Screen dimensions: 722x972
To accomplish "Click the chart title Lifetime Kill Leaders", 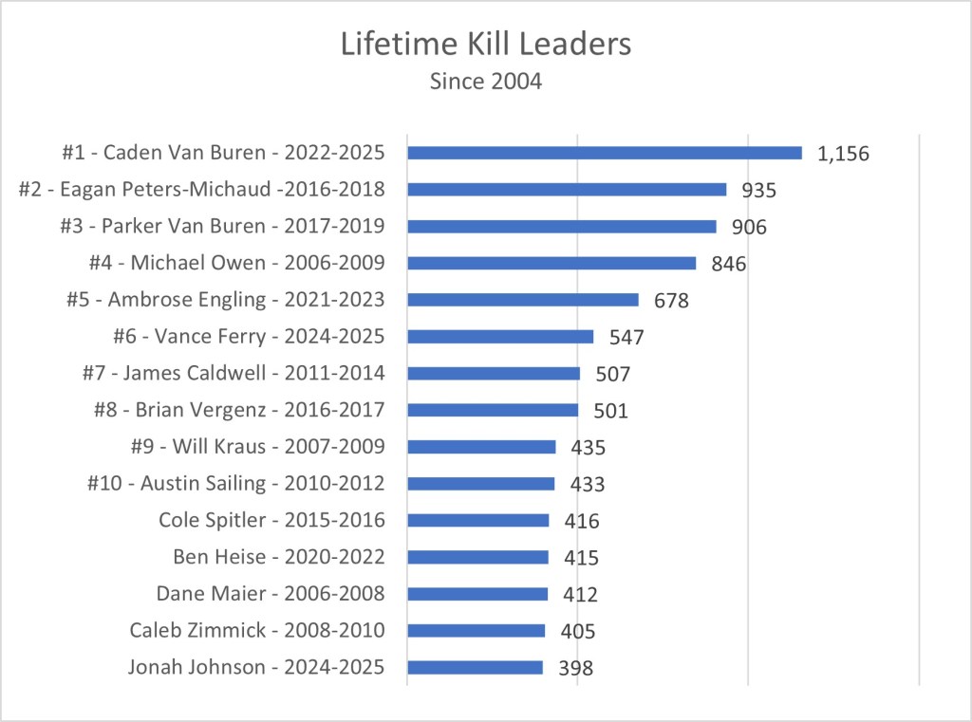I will [x=485, y=44].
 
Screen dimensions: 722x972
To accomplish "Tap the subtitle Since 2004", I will [x=485, y=82].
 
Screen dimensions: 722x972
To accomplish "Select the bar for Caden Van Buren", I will [x=605, y=153].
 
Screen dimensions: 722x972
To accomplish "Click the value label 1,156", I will [x=843, y=154].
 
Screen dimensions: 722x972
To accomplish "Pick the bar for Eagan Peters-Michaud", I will [x=567, y=190].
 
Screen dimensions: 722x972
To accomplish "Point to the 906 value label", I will [x=748, y=227].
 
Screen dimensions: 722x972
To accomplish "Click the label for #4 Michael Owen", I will [x=236, y=263].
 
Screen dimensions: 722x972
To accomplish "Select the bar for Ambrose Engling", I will [x=523, y=300].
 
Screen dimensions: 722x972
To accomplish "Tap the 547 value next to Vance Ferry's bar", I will [x=626, y=337].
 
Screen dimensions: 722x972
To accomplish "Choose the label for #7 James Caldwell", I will [x=234, y=373].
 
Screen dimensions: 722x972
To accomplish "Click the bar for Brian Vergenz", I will [x=493, y=410].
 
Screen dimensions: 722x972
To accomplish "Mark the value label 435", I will [x=588, y=448].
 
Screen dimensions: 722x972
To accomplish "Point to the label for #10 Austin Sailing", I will [x=235, y=483].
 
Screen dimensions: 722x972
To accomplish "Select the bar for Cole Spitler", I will [x=478, y=520].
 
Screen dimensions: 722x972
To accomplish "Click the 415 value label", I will [x=581, y=558].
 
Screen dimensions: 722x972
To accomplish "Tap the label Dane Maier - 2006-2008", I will [x=271, y=594].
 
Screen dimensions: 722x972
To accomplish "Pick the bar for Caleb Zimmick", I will [x=477, y=631].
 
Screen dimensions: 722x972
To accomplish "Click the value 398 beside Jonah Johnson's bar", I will [x=575, y=668].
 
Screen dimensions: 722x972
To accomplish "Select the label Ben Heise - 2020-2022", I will [x=278, y=557].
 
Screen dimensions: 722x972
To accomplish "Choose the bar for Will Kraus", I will [x=481, y=447].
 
